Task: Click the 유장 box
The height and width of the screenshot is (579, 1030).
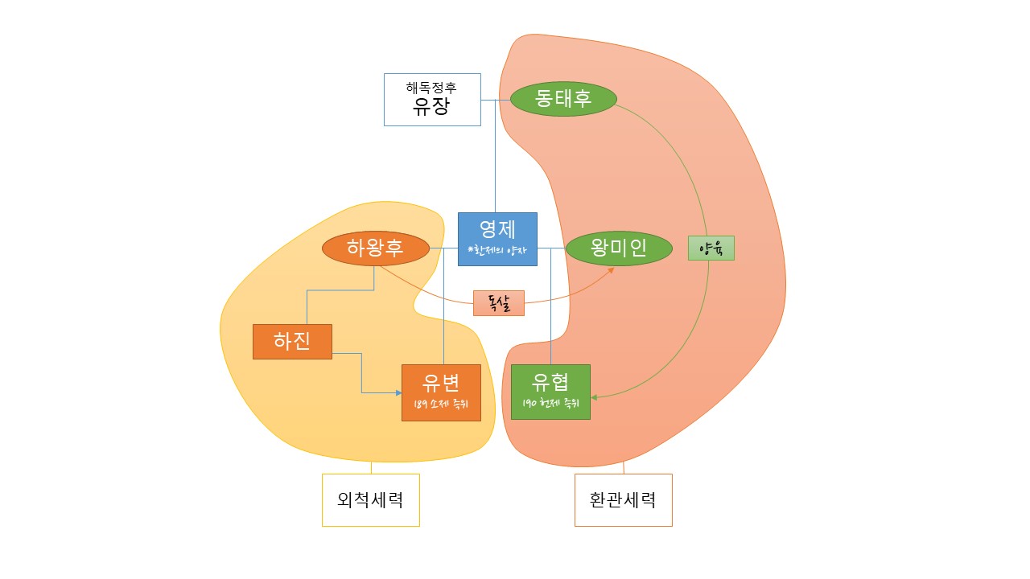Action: click(x=432, y=100)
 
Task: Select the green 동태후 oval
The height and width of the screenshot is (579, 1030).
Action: click(x=563, y=98)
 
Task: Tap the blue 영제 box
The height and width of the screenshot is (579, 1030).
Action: click(x=497, y=239)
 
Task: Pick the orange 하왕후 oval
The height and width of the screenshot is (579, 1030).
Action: click(x=374, y=248)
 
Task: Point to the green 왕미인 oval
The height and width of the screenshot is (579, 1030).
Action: click(x=618, y=248)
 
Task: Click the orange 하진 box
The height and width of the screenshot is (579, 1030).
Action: click(x=292, y=341)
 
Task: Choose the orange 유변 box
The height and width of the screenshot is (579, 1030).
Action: click(x=441, y=392)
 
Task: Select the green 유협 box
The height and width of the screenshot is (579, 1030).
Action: click(x=550, y=392)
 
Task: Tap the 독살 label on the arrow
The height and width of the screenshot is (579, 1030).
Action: click(x=498, y=303)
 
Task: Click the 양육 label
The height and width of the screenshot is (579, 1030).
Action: click(x=711, y=248)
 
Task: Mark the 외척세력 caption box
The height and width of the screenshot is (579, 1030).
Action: click(x=370, y=499)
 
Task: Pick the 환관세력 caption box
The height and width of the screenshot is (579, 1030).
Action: click(x=623, y=499)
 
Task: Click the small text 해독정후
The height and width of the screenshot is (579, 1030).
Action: click(x=431, y=88)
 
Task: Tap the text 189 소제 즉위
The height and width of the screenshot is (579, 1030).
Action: click(x=441, y=404)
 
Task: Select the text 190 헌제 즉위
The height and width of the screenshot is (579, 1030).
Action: click(x=550, y=404)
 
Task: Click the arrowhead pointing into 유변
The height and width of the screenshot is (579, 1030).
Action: click(x=398, y=392)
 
